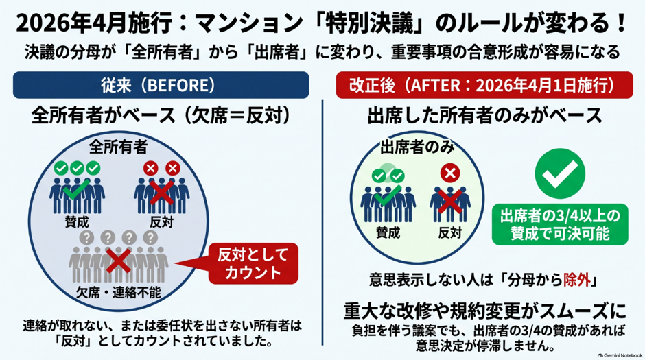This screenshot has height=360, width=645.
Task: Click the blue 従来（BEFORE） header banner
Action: (x=161, y=85)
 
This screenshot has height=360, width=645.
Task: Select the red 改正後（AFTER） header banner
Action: (x=484, y=85)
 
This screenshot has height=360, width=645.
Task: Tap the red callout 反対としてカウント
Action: (x=253, y=263)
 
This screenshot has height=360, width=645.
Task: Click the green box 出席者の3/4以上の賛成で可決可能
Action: (x=560, y=224)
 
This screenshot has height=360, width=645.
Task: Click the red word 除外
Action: (x=576, y=280)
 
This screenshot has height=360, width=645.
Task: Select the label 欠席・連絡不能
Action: (x=119, y=293)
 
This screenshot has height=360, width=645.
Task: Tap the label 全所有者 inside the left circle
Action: (x=119, y=147)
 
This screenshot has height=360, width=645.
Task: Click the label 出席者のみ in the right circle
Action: (x=417, y=147)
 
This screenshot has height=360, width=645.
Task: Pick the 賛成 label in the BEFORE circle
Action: (x=77, y=222)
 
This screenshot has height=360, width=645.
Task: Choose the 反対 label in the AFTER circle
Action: (x=449, y=232)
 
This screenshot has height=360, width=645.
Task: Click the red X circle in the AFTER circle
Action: (x=450, y=173)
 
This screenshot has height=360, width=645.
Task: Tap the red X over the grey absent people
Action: (x=119, y=260)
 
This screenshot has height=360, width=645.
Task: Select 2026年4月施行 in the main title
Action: (x=93, y=23)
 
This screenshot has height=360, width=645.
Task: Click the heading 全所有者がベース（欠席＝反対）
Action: (x=161, y=116)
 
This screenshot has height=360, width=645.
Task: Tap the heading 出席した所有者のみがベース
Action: (x=484, y=116)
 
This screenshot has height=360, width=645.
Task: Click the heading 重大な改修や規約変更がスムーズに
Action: (x=484, y=311)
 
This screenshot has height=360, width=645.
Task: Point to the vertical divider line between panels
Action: (x=322, y=222)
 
